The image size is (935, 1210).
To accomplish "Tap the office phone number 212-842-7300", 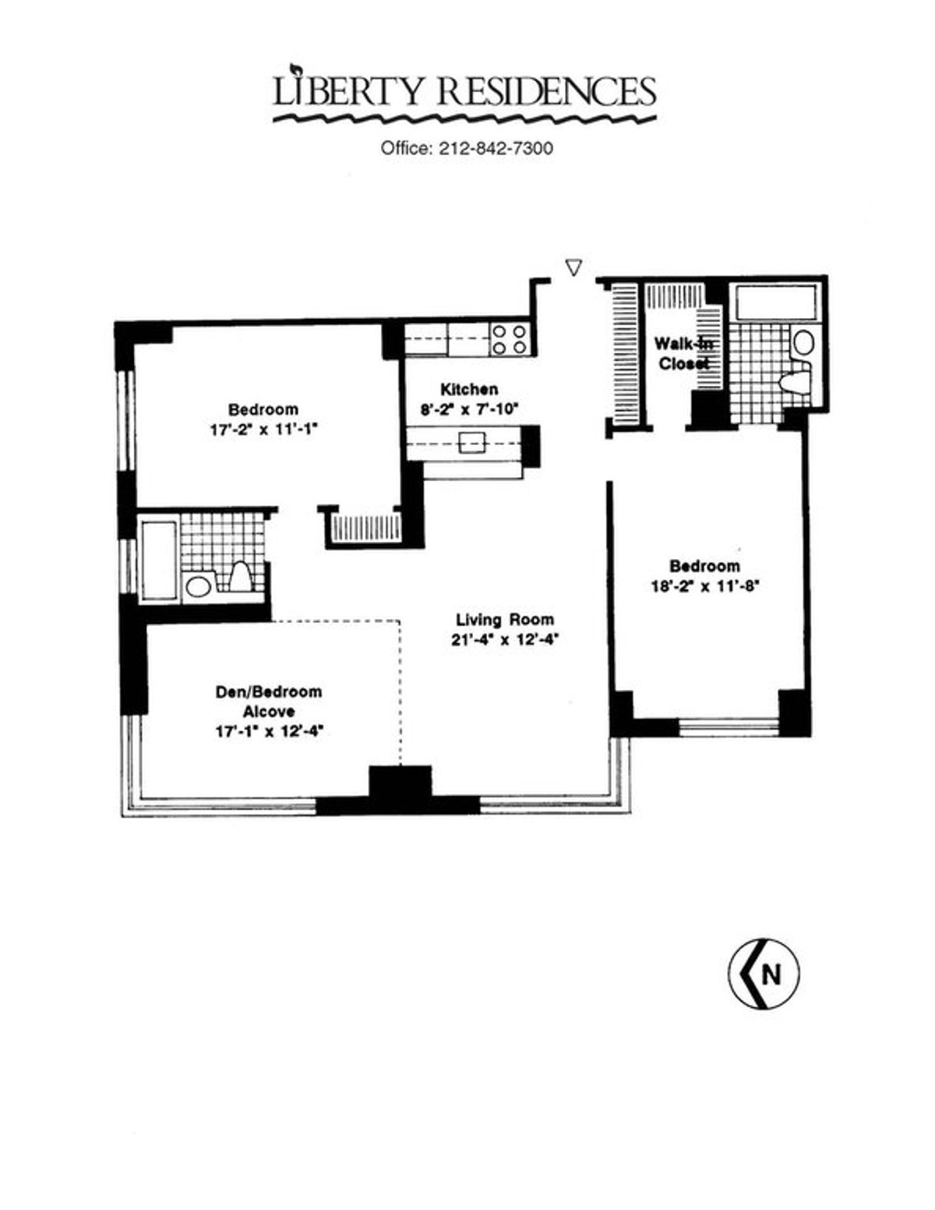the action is tap(496, 149).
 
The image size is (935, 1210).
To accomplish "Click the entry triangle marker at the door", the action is tap(573, 267).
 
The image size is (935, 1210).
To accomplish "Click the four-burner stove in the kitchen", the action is tap(510, 339).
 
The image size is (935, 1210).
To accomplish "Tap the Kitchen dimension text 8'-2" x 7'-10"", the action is tap(468, 409).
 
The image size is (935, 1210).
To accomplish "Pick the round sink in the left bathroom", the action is tap(196, 586).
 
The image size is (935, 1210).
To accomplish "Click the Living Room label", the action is tap(504, 619).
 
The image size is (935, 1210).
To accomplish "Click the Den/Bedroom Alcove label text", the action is tap(269, 701).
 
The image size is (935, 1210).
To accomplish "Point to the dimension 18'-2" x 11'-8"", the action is tap(704, 586).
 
